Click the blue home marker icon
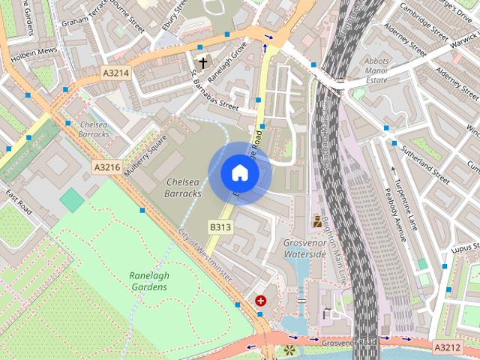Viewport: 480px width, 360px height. (240, 173)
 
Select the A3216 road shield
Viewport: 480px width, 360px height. (107, 167)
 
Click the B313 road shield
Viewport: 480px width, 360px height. (219, 226)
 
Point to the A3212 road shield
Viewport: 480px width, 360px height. (447, 347)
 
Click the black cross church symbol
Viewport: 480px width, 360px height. (202, 62)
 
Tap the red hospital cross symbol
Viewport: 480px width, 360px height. (260, 301)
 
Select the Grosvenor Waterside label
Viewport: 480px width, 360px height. (304, 248)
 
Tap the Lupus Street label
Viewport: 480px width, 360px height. (463, 249)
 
